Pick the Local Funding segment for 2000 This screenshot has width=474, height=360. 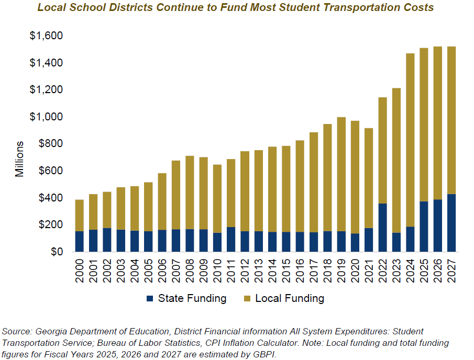[80, 215]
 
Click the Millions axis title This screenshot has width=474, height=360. [19, 159]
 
